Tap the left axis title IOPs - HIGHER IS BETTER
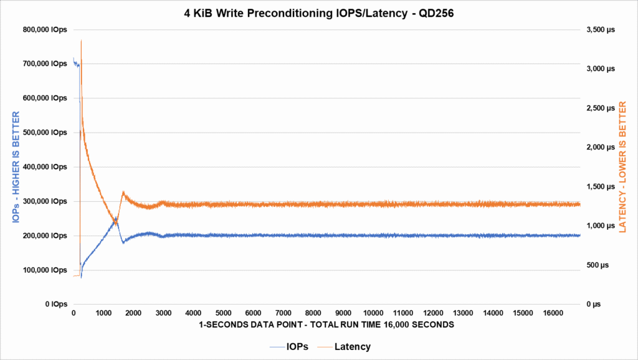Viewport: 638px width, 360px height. pos(14,167)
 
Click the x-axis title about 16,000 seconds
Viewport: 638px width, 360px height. pos(326,325)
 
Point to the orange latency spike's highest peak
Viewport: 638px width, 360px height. pos(82,40)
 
